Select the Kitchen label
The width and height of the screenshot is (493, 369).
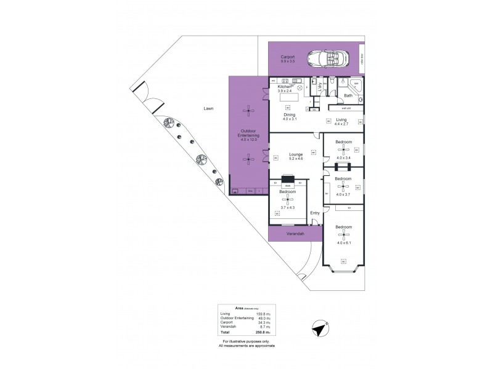pos(285,87)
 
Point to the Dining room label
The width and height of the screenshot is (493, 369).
pos(290,114)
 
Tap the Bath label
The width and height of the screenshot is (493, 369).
pos(348,95)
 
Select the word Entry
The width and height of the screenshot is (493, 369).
pos(315,213)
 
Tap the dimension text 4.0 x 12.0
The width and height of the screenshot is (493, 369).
pos(249,140)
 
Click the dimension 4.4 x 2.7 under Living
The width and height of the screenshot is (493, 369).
pos(341,124)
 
